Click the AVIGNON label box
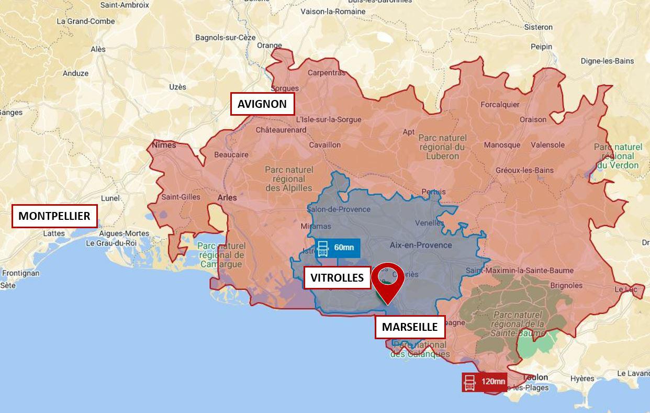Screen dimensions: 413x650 tap(262, 104)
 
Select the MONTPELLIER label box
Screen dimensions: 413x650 tap(54, 216)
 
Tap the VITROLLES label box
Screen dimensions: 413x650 tap(337, 277)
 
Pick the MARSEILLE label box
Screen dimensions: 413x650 tap(409, 327)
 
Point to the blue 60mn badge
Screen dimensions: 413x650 tap(338, 248)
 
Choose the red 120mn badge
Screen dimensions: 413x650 tap(484, 382)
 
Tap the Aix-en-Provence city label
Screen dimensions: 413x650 tap(421, 245)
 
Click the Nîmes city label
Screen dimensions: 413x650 tap(164, 145)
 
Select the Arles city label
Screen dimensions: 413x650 tap(227, 197)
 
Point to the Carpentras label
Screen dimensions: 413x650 tap(327, 73)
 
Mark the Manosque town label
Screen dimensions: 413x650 tap(502, 145)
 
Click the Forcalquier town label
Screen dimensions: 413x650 tap(500, 104)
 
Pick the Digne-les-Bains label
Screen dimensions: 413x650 tap(607, 61)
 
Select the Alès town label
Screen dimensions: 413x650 tap(98, 49)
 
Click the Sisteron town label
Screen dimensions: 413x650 tap(538, 27)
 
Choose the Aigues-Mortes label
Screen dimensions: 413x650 tap(124, 233)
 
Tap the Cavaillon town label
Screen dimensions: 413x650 tap(324, 144)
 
